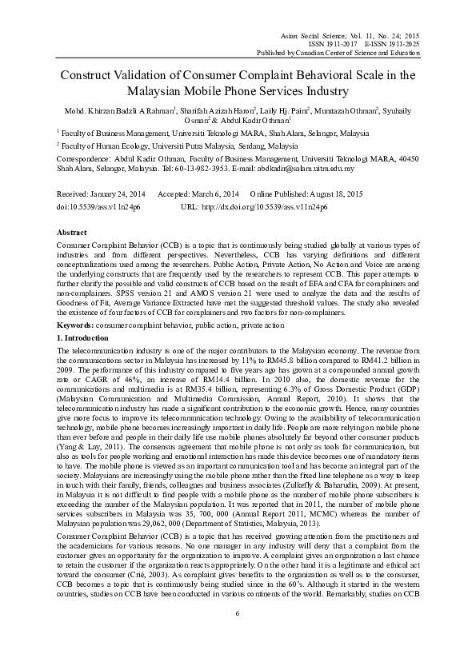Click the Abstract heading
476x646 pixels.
click(70, 231)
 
